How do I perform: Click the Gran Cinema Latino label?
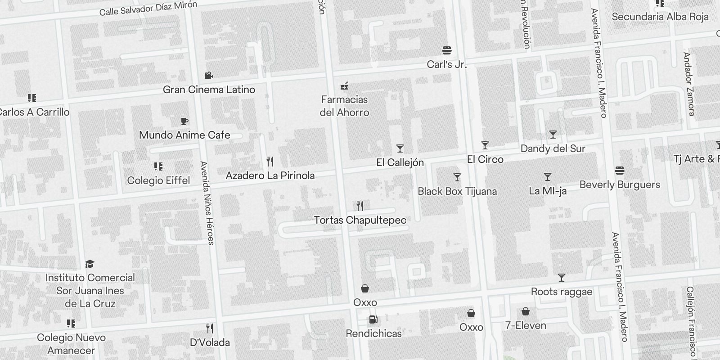point(209,90)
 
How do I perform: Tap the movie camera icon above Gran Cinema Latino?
point(208,75)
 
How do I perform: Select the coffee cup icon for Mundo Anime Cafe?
point(184,121)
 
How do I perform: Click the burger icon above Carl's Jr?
point(447,50)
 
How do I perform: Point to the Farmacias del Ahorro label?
point(344,106)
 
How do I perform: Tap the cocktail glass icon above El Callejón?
point(400,148)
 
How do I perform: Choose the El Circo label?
point(485,159)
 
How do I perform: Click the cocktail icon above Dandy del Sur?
point(553,134)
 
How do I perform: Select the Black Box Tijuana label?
point(457,191)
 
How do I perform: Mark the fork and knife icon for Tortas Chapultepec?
point(360,206)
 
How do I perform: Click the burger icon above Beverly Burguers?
point(620,171)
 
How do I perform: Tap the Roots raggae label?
point(562,292)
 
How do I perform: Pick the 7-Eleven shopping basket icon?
point(526,311)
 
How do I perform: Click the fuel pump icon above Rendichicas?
point(373,319)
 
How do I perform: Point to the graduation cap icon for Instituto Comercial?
point(90,263)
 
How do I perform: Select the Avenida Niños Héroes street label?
point(207,203)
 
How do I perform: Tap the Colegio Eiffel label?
point(158,180)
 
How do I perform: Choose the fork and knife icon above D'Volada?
point(210,328)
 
